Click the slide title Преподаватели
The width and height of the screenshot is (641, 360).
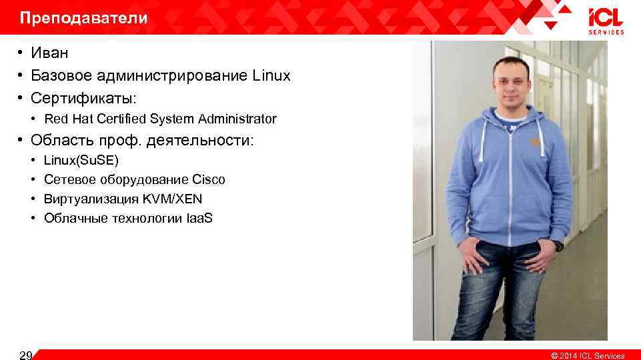[x=83, y=18]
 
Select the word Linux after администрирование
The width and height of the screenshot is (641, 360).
[x=271, y=75]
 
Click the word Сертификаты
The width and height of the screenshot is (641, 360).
[x=83, y=98]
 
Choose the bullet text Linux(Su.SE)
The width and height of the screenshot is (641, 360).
[x=81, y=160]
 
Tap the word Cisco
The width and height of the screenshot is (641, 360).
[x=208, y=179]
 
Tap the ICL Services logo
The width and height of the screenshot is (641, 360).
[x=605, y=21]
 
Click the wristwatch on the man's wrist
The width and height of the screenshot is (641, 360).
[x=558, y=245]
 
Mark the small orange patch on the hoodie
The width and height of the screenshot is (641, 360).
[x=535, y=142]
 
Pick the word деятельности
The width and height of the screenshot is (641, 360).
[x=203, y=141]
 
